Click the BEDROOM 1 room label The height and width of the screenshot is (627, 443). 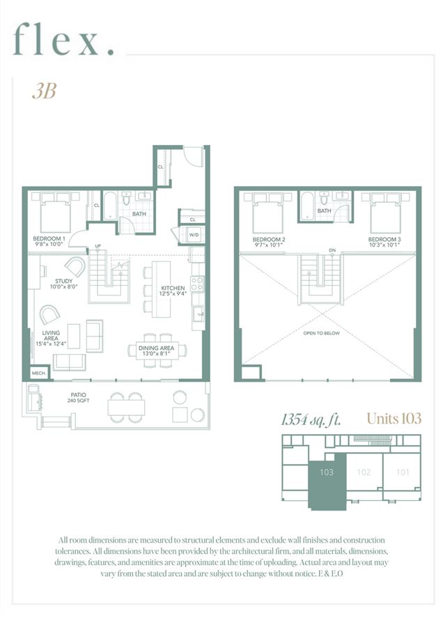pos(49,241)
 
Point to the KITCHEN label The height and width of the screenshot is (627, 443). pos(173,291)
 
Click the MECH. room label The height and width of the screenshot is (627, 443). pos(39,373)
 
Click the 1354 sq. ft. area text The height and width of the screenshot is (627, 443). pos(311,419)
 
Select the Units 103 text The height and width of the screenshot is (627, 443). pos(394,419)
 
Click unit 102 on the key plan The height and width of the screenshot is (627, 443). pos(362,472)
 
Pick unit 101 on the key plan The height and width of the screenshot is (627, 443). pos(402,472)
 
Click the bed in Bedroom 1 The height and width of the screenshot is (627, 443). pos(54,213)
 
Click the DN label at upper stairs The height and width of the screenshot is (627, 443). pos(332,250)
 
